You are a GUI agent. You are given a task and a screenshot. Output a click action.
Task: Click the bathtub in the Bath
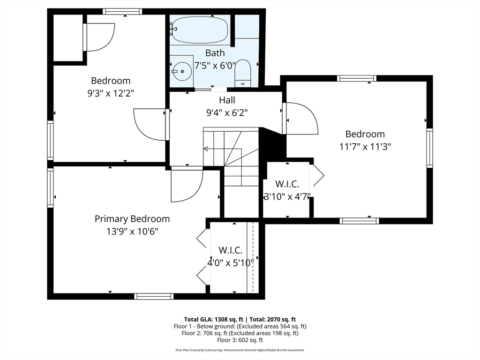(x=200, y=29)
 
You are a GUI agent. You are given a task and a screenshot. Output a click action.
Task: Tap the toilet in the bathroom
(x=242, y=74)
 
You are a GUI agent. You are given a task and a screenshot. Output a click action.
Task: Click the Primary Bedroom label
(x=132, y=219)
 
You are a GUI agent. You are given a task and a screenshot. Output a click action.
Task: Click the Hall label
(x=227, y=100)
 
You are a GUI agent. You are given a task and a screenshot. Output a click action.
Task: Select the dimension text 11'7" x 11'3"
(x=365, y=146)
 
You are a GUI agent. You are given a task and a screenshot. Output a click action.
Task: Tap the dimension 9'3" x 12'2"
(x=111, y=93)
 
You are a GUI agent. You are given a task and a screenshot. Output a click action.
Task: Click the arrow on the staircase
(x=206, y=149)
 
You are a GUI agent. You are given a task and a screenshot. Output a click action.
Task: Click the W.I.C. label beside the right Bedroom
(x=287, y=184)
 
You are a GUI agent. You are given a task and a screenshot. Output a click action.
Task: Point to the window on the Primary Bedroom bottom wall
(x=154, y=296)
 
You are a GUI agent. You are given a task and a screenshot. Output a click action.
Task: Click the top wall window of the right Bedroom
(x=357, y=78)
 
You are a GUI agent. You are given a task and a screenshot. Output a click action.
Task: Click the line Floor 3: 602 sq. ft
(x=240, y=340)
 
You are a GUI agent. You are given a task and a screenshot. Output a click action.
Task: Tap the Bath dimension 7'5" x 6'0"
(x=215, y=66)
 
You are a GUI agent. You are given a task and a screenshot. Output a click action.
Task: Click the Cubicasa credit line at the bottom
(x=240, y=350)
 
